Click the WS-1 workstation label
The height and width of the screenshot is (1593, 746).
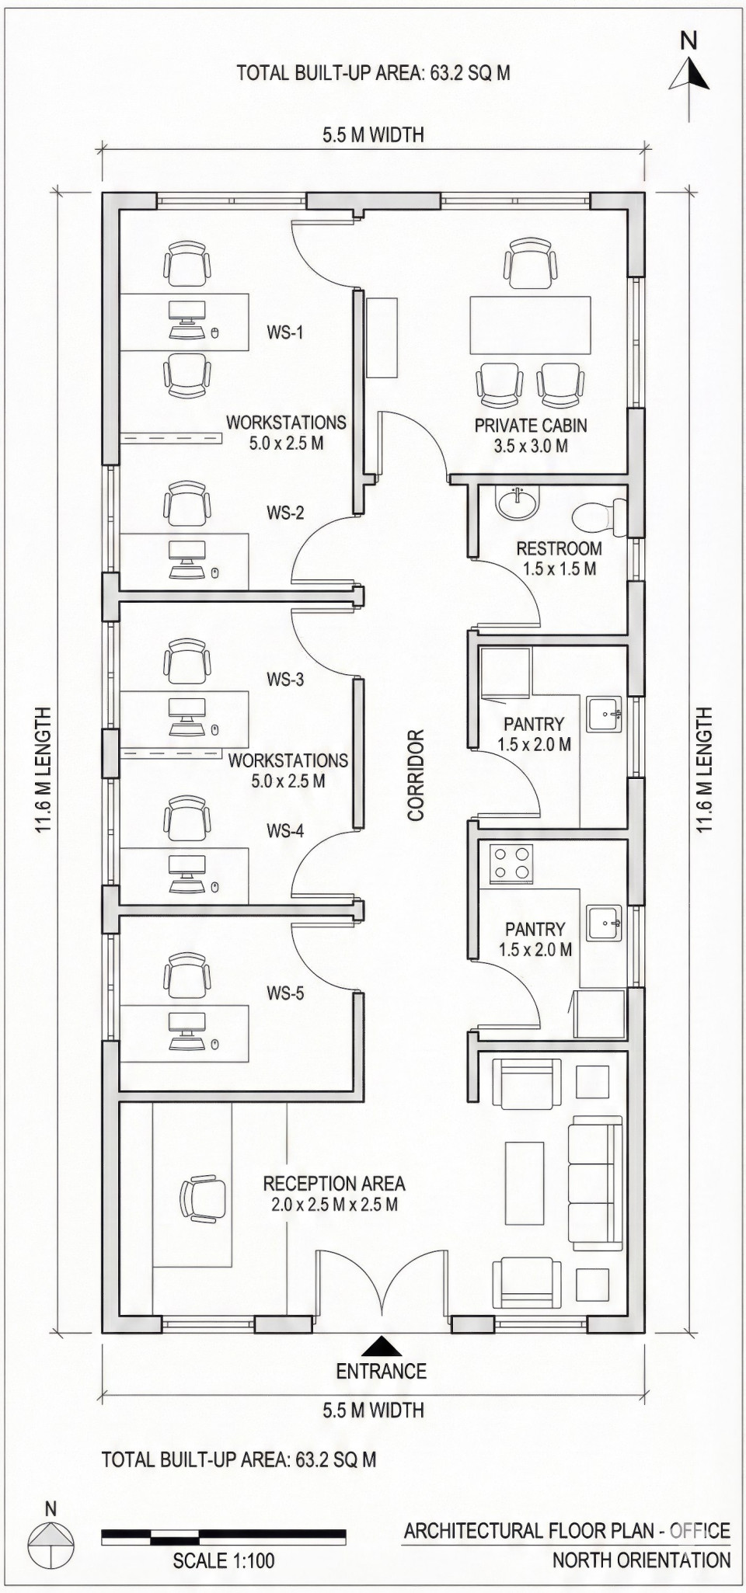(285, 332)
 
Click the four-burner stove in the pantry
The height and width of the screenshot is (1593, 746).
(511, 864)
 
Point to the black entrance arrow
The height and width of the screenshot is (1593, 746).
(381, 1346)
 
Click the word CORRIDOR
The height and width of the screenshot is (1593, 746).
(416, 775)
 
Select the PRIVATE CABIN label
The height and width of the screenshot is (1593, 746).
(531, 426)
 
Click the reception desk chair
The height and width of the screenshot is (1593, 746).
(204, 1198)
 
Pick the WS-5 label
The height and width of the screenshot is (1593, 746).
(285, 993)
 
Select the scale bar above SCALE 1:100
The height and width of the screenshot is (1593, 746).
(224, 1536)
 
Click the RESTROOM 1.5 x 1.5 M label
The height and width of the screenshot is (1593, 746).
(559, 558)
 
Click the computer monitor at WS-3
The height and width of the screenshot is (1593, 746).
(187, 708)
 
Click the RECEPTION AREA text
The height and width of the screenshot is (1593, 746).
(334, 1184)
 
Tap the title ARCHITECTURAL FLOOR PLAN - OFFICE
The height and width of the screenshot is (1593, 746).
(566, 1530)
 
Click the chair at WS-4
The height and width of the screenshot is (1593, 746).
(187, 818)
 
